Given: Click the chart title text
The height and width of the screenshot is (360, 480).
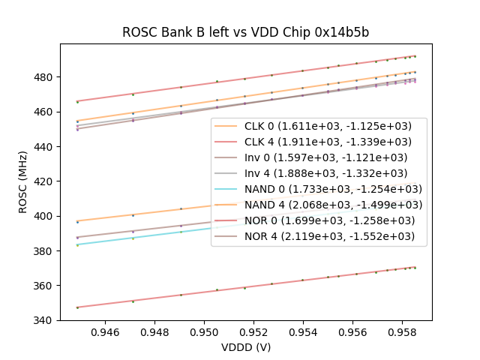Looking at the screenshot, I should click(x=245, y=32).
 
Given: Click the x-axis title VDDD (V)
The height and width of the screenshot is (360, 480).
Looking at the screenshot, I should click(x=245, y=347).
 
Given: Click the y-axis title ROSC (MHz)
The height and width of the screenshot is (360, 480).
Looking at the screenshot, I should click(x=23, y=181).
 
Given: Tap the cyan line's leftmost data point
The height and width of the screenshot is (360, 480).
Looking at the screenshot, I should click(x=77, y=245).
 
